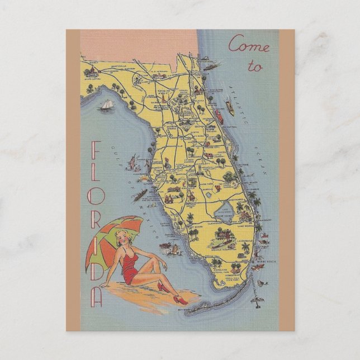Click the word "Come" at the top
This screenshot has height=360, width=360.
point(249,44)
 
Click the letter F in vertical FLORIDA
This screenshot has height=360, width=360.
point(96,149)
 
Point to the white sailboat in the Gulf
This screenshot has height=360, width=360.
point(106,106)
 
